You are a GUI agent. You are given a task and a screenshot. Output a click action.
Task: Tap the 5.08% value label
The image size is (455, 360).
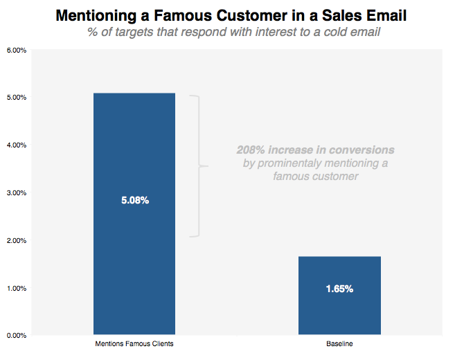[x=135, y=201]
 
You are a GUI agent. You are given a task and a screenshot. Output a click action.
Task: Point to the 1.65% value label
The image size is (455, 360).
[x=339, y=289]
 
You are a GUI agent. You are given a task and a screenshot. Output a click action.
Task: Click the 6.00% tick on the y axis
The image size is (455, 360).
[x=17, y=51]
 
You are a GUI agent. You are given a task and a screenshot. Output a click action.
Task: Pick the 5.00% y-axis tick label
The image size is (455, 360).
[x=17, y=98]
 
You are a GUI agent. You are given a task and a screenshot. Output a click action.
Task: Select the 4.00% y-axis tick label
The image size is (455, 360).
[x=17, y=145]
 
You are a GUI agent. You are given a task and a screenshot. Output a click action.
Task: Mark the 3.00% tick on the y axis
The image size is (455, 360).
[x=17, y=193]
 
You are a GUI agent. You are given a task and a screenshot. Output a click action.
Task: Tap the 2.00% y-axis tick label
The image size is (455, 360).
[x=17, y=241]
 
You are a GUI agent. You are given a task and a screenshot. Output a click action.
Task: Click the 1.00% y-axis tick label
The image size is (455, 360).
[x=17, y=289]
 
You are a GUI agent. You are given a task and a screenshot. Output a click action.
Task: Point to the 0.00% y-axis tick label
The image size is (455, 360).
[x=17, y=336]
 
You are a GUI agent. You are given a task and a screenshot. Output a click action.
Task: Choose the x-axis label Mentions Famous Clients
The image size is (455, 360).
[x=134, y=344]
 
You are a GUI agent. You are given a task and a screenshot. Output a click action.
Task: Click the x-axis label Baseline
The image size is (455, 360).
[x=339, y=344]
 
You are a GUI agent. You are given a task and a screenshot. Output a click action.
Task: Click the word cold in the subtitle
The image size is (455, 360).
[x=320, y=32]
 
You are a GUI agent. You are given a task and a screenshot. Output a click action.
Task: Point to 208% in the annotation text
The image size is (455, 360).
[x=251, y=150]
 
